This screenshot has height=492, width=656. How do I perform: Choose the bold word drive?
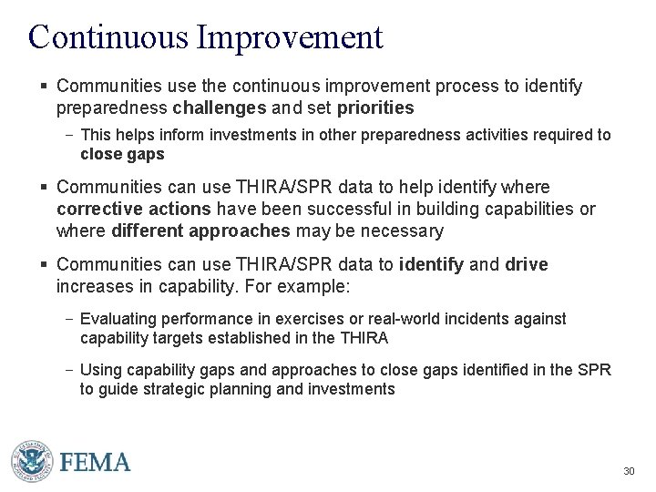click(527, 264)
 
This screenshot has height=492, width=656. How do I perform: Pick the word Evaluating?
click(116, 319)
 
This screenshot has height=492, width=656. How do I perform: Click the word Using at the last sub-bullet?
click(99, 370)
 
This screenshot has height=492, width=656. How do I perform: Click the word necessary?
click(401, 231)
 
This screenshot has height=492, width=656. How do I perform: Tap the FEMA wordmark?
click(96, 462)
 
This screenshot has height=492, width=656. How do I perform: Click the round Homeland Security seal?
click(31, 460)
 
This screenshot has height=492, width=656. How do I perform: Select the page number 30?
click(628, 471)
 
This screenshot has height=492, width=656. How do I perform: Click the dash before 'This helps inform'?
click(69, 135)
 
